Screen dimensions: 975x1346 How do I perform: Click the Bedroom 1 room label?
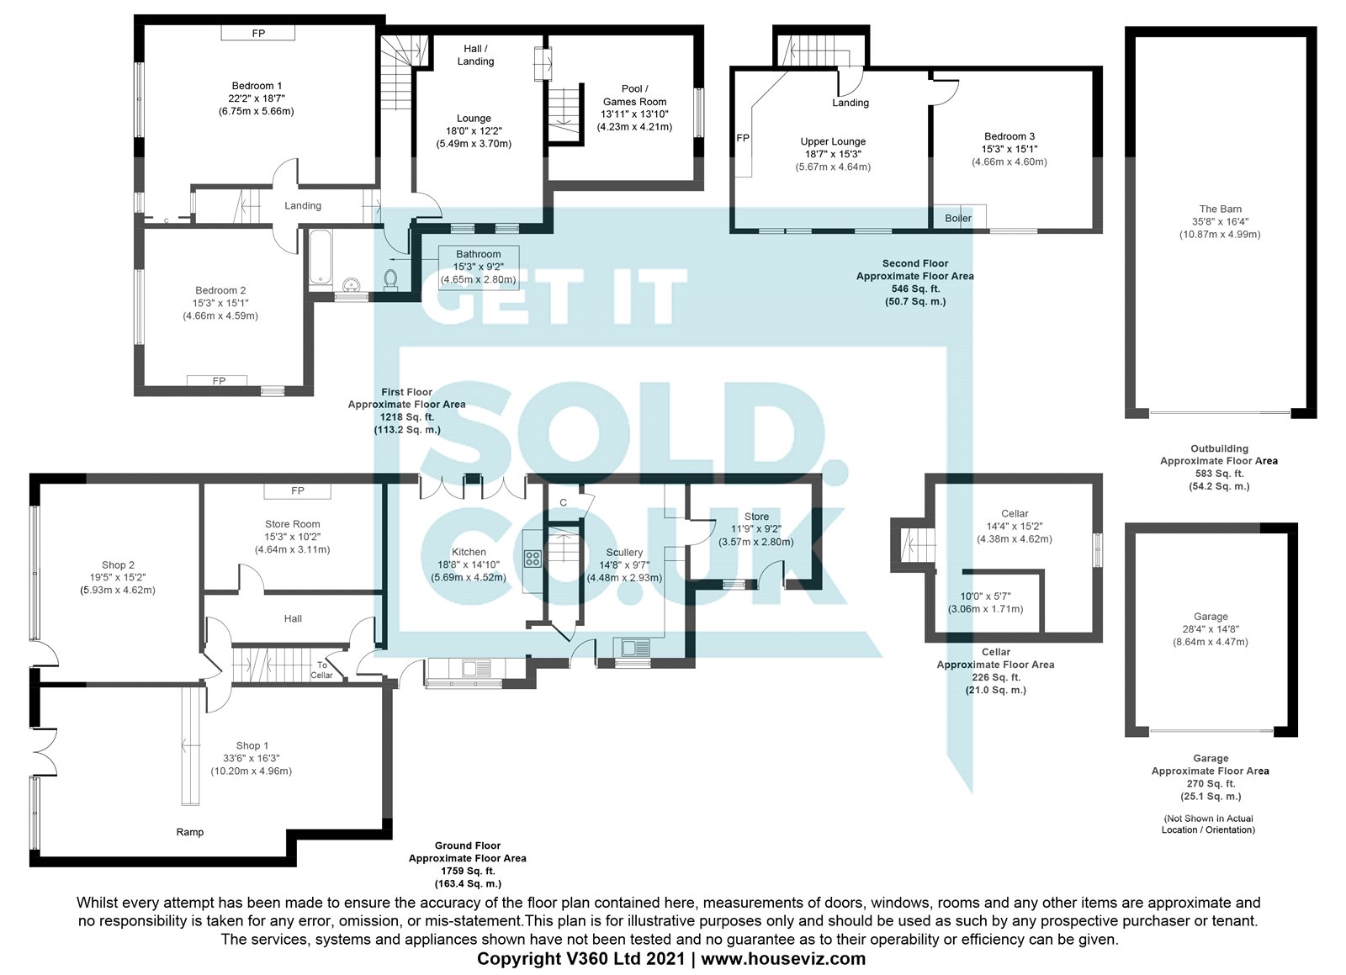257,86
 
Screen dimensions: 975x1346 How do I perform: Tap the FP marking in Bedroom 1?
258,34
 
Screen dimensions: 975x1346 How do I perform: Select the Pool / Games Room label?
634,95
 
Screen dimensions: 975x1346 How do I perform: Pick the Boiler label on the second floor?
958,219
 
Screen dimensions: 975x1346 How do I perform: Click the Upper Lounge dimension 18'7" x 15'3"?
833,154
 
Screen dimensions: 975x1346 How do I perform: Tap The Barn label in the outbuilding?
1220,209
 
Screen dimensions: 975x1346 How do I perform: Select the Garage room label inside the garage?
1211,617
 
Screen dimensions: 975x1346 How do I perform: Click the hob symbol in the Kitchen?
533,558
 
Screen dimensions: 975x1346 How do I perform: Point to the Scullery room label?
624,553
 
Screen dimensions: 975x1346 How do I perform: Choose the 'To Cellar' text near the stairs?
322,670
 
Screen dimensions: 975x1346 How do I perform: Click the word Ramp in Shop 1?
190,832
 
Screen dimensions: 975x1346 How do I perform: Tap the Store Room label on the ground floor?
292,524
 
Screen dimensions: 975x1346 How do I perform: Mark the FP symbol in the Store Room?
298,490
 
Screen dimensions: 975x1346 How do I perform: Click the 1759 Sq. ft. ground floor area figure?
468,871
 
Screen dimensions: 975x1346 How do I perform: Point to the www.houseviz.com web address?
783,959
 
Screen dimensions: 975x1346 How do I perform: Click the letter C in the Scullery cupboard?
564,503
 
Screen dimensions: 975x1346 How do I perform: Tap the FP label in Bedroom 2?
219,381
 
